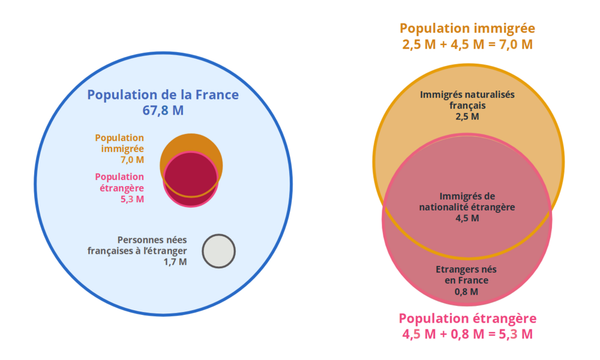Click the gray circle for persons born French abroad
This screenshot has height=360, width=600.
pos(219,251)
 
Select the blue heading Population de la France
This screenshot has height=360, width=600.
pos(163,95)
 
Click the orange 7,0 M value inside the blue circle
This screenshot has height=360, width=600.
pos(132,160)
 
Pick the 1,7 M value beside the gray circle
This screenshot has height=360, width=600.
pos(175,262)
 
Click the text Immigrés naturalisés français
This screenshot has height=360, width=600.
pos(467,100)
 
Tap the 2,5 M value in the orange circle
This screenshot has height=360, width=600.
pos(467,116)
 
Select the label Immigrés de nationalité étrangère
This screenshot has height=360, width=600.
pos(467,202)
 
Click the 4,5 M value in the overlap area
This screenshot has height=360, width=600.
pos(467,218)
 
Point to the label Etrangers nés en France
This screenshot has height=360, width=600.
pos(466,275)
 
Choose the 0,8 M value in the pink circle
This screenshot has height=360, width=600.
pos(466,292)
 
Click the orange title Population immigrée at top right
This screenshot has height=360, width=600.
pos(467,28)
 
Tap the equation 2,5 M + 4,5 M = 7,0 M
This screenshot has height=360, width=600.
pos(467,44)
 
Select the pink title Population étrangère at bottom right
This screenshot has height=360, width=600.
pos(467,318)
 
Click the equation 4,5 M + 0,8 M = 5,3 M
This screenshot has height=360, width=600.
pos(467,334)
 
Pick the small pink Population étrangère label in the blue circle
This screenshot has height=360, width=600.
pos(119,182)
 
